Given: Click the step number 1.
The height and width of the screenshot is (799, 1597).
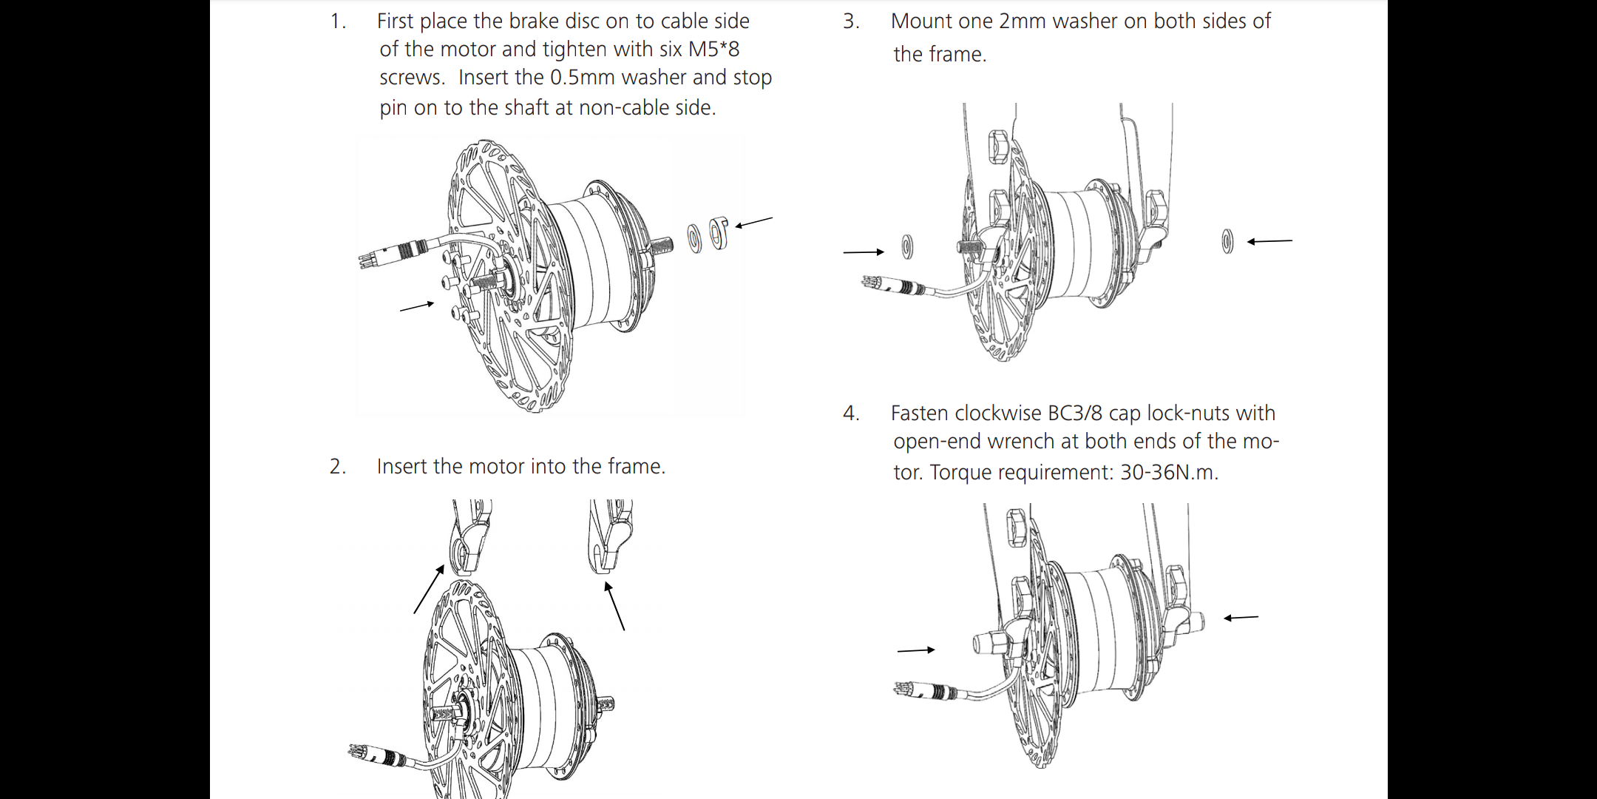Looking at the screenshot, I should click(337, 21).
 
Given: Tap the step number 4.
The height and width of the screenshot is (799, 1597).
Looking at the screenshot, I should click(851, 413).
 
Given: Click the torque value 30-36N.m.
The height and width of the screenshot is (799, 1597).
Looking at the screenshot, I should click(1168, 472).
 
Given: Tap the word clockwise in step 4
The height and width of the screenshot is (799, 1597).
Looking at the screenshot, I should click(1000, 413).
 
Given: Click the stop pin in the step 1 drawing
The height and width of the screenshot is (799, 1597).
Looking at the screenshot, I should click(718, 233).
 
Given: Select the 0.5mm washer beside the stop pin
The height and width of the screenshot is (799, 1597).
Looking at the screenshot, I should click(694, 238).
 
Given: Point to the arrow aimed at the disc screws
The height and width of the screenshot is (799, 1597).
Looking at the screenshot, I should click(416, 306).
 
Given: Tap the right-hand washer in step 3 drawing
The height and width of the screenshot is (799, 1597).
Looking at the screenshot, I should click(1227, 241).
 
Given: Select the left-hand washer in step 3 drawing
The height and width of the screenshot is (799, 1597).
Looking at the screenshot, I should click(907, 247).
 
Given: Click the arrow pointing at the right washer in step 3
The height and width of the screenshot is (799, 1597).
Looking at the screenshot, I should click(1269, 241).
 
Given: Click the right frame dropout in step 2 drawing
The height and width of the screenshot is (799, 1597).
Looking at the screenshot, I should click(609, 536).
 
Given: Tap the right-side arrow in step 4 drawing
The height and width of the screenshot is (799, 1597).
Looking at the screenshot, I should click(1241, 618).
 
